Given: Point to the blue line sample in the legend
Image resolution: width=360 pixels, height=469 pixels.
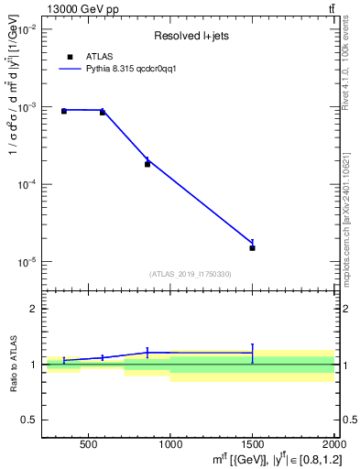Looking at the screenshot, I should [x=71, y=69].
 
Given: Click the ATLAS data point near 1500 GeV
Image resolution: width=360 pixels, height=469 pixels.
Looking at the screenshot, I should [x=252, y=247].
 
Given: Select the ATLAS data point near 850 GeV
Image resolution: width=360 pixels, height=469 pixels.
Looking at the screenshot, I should [x=147, y=164].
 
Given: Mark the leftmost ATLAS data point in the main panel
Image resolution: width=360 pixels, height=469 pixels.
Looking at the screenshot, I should [x=63, y=111].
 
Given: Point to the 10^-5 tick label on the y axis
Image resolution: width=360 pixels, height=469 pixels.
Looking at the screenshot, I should [x=25, y=262].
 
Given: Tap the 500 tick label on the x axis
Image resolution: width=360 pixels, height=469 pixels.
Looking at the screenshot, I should [x=88, y=446].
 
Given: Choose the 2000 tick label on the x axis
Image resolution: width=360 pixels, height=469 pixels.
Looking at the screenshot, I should [x=332, y=446].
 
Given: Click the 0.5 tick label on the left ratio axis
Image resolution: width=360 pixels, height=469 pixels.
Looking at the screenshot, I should [x=28, y=420].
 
